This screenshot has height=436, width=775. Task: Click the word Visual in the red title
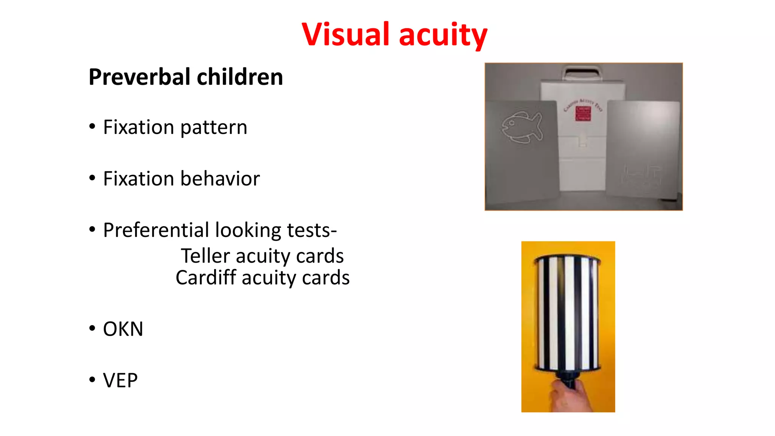pyautogui.click(x=345, y=34)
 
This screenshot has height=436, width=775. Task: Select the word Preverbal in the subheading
pyautogui.click(x=140, y=77)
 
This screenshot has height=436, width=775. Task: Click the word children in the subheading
pyautogui.click(x=240, y=77)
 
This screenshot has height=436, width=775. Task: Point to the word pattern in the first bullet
pyautogui.click(x=214, y=128)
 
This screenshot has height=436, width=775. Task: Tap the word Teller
pyautogui.click(x=205, y=256)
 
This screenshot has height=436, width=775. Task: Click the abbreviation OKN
pyautogui.click(x=123, y=329)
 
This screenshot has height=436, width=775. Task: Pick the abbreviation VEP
pyautogui.click(x=120, y=380)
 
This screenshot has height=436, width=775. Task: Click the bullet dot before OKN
pyautogui.click(x=92, y=328)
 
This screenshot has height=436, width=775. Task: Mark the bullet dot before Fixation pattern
pyautogui.click(x=92, y=126)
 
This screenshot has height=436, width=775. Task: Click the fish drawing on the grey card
pyautogui.click(x=522, y=128)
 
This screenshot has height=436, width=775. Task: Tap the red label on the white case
pyautogui.click(x=583, y=113)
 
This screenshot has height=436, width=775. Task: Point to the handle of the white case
pyautogui.click(x=581, y=72)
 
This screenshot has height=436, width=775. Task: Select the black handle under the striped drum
pyautogui.click(x=568, y=378)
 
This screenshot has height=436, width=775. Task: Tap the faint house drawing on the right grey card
pyautogui.click(x=641, y=174)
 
